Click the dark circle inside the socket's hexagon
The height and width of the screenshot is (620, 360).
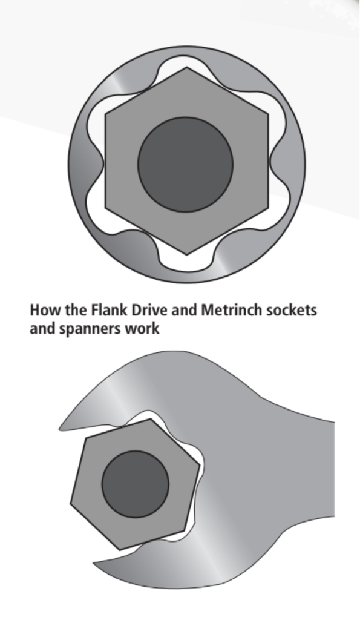(x=185, y=164)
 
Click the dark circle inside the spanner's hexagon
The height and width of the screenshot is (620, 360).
(x=136, y=484)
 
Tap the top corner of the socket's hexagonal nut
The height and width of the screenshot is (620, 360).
(x=186, y=67)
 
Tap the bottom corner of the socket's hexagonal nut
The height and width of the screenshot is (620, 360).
(x=186, y=255)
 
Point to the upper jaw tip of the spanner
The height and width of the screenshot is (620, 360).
(x=60, y=428)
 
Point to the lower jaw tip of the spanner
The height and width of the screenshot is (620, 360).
(x=94, y=561)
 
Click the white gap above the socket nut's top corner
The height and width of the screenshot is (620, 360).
(x=186, y=61)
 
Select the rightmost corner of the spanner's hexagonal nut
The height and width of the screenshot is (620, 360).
(x=200, y=464)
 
